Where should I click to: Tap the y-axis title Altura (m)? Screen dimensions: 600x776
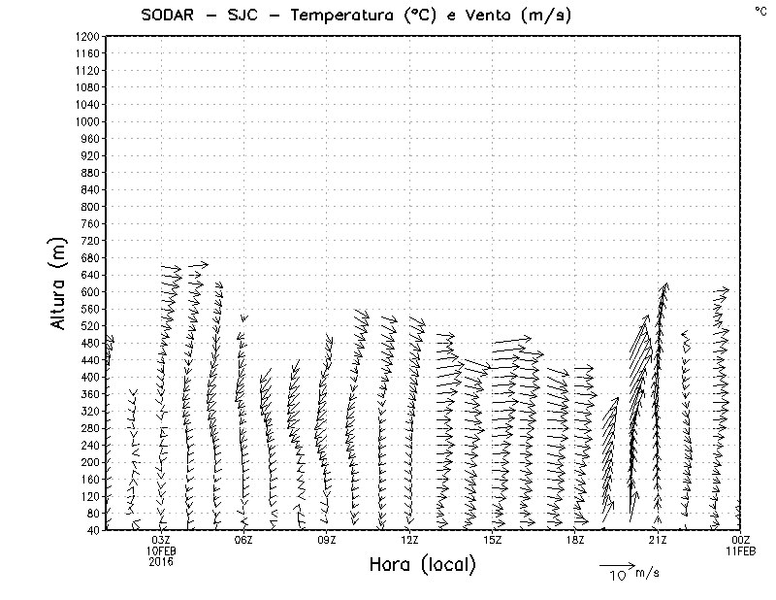point(59,283)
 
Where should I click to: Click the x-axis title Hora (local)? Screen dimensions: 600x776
point(422,565)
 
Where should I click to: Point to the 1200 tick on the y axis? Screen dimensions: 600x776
point(86,37)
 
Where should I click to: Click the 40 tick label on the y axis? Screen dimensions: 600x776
point(93,530)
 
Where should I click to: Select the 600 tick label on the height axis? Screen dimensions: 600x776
point(90,292)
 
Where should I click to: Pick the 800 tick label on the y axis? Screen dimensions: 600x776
point(90,207)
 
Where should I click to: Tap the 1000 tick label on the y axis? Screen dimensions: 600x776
point(86,121)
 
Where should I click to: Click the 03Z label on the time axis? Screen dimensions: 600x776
point(161,540)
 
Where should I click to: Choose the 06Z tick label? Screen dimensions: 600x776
point(243,540)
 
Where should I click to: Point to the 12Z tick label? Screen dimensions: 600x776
point(409,540)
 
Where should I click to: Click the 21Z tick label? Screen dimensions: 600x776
point(658,540)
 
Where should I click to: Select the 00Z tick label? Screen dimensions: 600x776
point(740,540)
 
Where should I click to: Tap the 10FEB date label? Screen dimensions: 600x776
point(161,550)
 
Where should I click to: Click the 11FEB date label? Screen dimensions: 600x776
point(740,550)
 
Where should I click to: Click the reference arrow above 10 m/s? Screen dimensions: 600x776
point(617,564)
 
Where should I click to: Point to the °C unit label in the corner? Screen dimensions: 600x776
point(760,11)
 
